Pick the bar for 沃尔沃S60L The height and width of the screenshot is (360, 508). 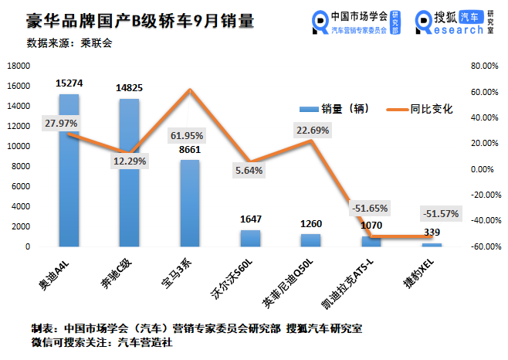pyautogui.click(x=249, y=239)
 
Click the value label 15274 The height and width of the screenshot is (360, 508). pyautogui.click(x=69, y=82)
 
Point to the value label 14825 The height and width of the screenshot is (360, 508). pyautogui.click(x=130, y=86)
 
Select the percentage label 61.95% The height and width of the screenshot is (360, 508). pyautogui.click(x=189, y=137)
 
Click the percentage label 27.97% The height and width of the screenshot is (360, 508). pyautogui.click(x=61, y=124)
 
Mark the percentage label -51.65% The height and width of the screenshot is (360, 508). pyautogui.click(x=370, y=209)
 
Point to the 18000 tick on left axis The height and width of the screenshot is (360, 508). pyautogui.click(x=19, y=66)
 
